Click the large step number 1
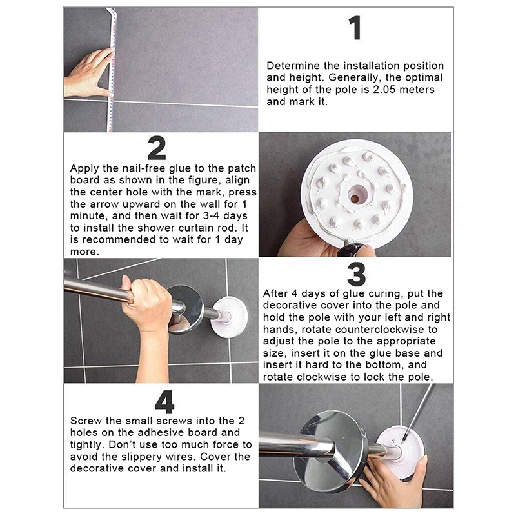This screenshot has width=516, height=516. (x=355, y=28)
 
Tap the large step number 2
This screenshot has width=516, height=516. (x=156, y=148)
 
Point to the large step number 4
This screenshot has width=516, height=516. (x=164, y=402)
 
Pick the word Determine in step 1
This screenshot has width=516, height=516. (x=293, y=66)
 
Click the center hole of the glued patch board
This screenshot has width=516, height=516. (x=355, y=198)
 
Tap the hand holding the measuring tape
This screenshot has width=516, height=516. (x=89, y=72)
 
